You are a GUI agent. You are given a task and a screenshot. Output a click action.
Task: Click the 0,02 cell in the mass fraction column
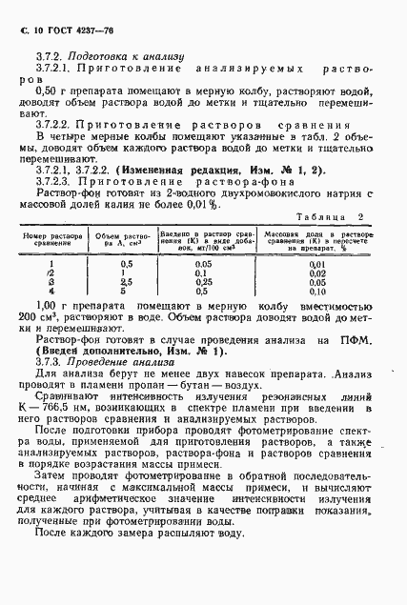point(317,272)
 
